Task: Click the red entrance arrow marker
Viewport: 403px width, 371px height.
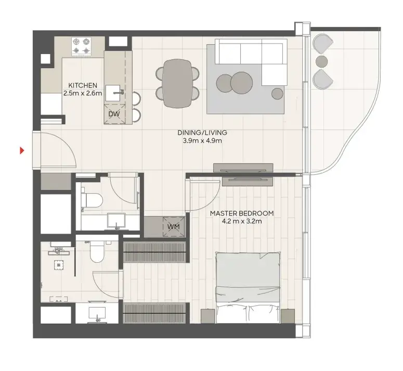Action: point(22,150)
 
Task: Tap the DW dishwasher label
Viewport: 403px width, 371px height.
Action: point(114,114)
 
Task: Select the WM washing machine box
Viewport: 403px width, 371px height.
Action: point(174,226)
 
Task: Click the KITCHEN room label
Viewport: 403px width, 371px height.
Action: point(83,85)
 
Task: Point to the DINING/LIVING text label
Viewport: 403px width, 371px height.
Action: point(202,133)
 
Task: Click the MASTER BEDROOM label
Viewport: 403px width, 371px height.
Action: point(242,213)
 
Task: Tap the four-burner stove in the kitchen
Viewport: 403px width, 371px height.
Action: point(82,46)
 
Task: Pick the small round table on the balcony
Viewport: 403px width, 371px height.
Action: point(321,61)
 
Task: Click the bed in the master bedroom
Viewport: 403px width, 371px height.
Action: point(248,288)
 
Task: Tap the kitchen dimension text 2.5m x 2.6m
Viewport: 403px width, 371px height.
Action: point(83,93)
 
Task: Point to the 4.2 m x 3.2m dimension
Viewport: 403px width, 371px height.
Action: point(242,221)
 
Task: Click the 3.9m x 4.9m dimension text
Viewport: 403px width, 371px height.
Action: point(202,140)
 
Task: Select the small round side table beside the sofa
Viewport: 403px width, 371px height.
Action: point(277,94)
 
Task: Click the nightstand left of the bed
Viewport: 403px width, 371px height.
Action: point(207,316)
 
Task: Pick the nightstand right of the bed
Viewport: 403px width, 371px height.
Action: point(288,316)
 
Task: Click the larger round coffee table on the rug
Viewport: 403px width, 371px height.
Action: point(242,83)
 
